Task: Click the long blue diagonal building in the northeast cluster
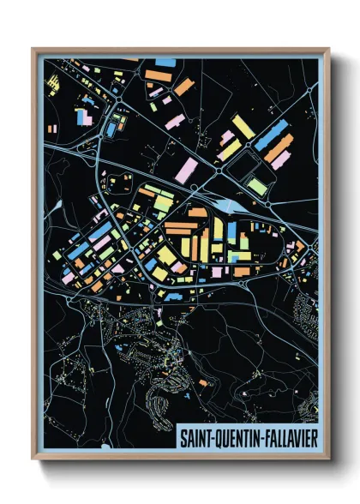(272, 135)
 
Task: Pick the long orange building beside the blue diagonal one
(279, 148)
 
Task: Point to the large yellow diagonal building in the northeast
(243, 128)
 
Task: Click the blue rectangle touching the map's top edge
(167, 63)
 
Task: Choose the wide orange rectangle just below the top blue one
(159, 76)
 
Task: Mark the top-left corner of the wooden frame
(33, 49)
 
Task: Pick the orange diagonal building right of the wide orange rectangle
(183, 86)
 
